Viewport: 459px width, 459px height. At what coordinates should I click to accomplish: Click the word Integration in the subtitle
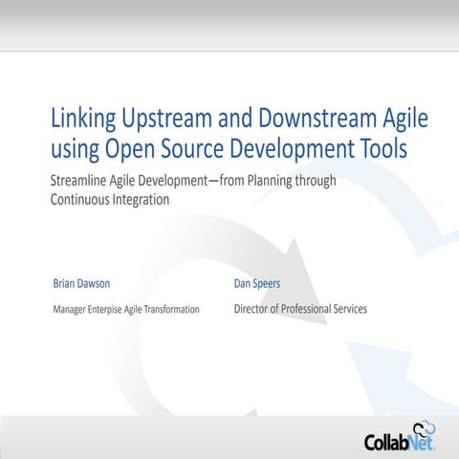click(x=142, y=201)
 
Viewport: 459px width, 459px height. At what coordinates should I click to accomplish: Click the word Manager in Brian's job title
click(x=72, y=310)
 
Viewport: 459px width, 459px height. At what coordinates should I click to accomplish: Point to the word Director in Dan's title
click(x=252, y=309)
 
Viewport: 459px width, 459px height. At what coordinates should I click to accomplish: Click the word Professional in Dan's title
click(x=308, y=309)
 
